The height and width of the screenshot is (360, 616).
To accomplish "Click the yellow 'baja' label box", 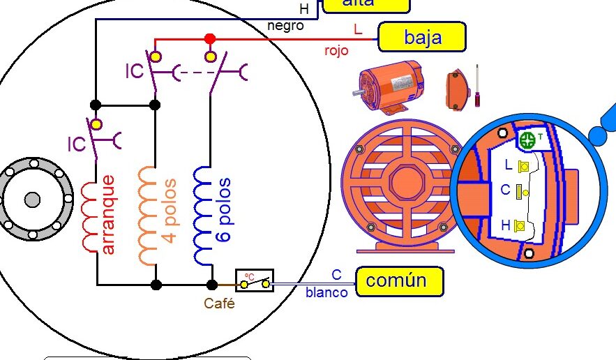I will point(421,37).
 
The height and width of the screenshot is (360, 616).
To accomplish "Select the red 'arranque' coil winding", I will point(91,216).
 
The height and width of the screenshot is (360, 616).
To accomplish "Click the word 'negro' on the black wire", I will point(285,26).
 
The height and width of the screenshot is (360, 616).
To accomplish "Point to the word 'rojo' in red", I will point(336,50).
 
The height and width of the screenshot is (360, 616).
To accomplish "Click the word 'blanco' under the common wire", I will point(326,293).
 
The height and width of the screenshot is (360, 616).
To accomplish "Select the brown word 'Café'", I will point(219,303).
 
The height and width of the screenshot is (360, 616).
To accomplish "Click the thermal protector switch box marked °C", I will point(254,281).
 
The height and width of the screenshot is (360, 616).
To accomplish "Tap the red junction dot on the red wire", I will point(209,38).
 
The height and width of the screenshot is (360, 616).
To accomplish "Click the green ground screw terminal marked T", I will point(529,140).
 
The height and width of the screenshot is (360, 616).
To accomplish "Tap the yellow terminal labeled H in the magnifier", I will point(520,225).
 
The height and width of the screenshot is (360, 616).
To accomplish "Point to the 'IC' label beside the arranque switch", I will point(77,144).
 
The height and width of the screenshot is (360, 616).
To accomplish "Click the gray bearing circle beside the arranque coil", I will point(32,200).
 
